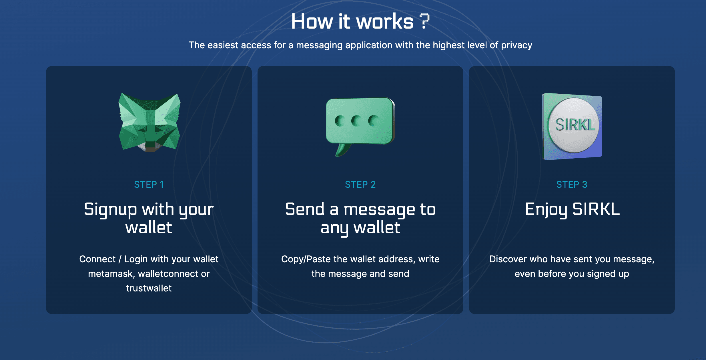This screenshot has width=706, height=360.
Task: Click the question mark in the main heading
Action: click(424, 21)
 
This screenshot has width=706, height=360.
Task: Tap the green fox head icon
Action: click(149, 122)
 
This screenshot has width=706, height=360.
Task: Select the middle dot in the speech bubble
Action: click(356, 121)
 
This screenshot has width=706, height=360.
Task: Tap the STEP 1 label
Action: click(149, 185)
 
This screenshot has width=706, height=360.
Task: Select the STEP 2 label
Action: click(360, 185)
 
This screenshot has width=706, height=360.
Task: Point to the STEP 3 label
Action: click(572, 185)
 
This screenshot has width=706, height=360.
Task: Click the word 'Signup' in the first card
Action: click(110, 210)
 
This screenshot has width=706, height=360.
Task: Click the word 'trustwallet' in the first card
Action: click(149, 288)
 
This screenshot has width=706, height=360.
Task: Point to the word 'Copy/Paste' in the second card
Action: click(306, 259)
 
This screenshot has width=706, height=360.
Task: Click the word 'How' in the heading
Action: click(312, 21)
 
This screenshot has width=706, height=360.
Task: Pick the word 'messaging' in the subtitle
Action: click(319, 45)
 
